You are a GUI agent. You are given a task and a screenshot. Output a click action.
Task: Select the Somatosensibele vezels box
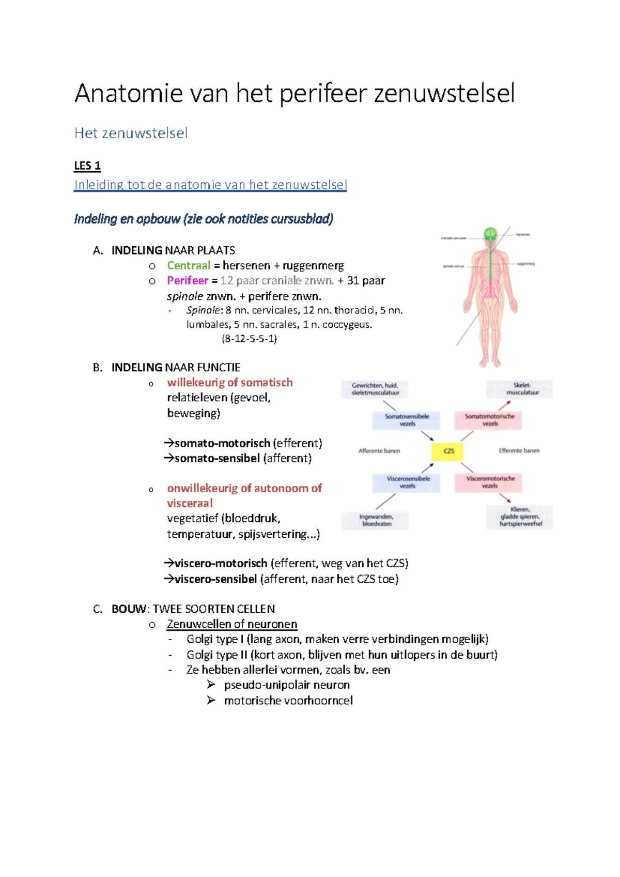coord(407,420)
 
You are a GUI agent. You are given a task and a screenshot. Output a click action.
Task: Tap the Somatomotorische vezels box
coord(489,420)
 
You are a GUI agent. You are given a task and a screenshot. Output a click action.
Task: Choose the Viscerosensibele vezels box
coord(407,482)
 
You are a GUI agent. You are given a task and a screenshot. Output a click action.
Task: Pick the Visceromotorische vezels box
coord(489,482)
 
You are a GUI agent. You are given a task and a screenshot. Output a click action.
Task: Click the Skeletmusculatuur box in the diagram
coord(520,389)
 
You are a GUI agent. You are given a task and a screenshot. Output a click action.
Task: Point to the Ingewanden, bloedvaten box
coord(376,520)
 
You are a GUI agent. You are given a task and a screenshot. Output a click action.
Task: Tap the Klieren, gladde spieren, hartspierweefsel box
coord(520,517)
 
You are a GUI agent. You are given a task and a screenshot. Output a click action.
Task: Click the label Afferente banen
coord(379,451)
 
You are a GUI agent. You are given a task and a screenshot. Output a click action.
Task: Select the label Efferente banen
coord(519,451)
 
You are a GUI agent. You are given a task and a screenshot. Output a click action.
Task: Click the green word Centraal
coord(189,266)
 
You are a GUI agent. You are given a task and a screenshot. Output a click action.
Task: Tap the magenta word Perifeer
coord(187,281)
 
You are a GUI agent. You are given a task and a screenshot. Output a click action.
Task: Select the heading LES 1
coord(87,166)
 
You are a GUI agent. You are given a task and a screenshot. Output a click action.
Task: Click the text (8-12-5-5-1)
coord(249,339)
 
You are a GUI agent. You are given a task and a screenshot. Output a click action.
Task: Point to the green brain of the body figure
coord(490,234)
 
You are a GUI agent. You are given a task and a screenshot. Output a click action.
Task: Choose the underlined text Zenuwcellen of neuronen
coord(231,625)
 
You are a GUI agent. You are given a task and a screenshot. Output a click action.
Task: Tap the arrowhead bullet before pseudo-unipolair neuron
coord(211,685)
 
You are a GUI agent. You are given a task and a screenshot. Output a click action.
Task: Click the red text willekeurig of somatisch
coord(230,383)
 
